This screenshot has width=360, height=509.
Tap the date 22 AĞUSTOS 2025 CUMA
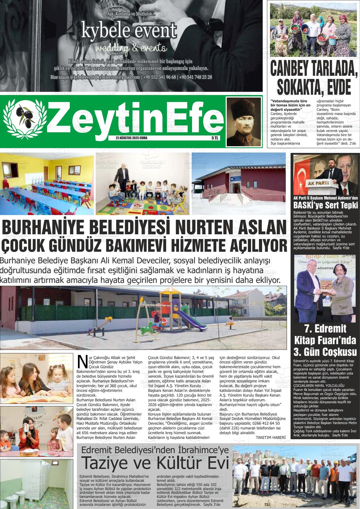(131, 138)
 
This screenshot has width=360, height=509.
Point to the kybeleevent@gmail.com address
(118, 77)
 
